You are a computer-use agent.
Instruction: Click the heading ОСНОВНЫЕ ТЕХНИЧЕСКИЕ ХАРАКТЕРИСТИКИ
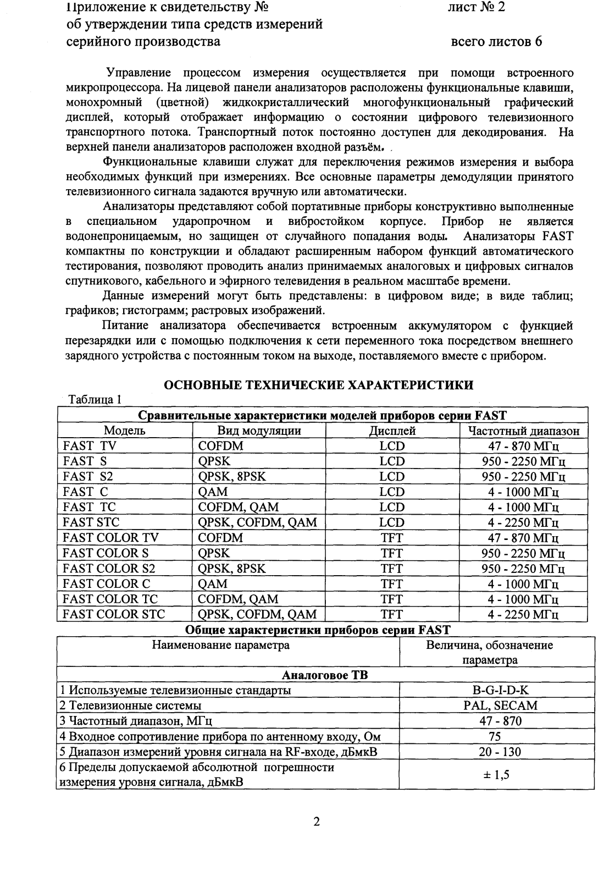319,385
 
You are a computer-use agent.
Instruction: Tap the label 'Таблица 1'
93,400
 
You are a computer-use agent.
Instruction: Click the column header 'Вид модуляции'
259,431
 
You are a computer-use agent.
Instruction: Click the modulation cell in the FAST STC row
257,522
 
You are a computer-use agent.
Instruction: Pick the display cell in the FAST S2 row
392,477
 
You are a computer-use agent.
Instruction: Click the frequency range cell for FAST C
523,492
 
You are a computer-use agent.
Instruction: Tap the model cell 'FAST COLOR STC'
114,614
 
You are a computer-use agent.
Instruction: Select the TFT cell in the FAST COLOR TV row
392,538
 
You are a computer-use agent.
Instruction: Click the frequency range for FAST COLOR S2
523,569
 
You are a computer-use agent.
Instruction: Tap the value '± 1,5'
496,774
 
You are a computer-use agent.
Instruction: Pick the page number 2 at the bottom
317,823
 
